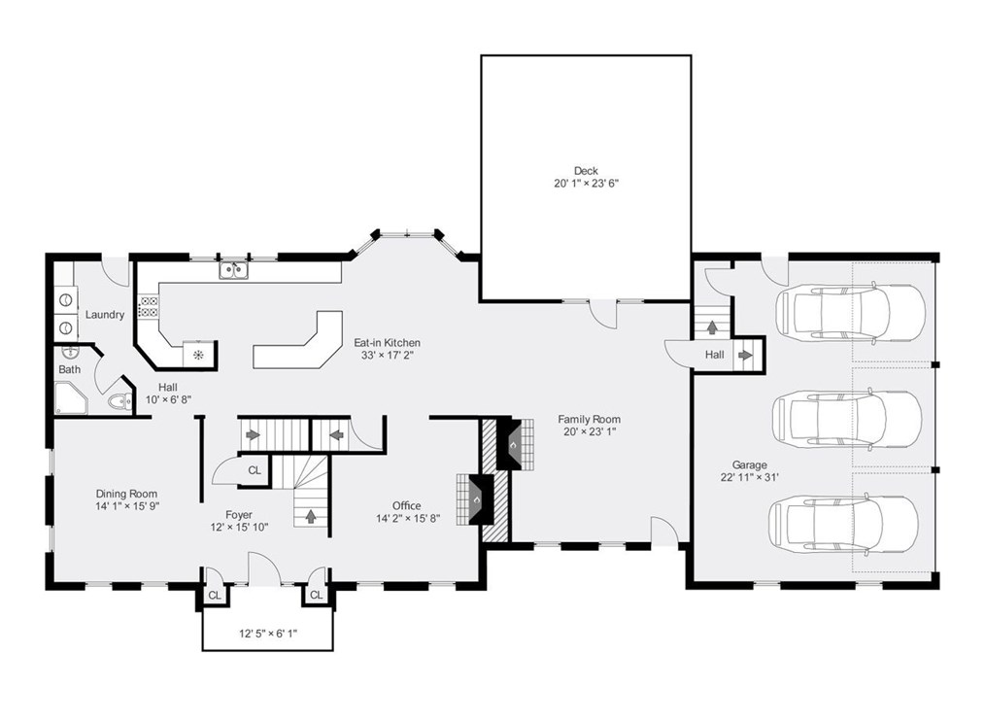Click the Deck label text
click(x=585, y=171)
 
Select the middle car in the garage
click(x=845, y=419)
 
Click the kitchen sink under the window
click(x=232, y=270)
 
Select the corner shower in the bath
click(x=70, y=397)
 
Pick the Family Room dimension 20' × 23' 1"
click(x=589, y=431)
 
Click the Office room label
click(x=406, y=505)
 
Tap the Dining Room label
click(x=126, y=494)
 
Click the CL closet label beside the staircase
click(x=254, y=470)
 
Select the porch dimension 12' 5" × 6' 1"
click(x=268, y=634)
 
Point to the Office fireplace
click(x=477, y=499)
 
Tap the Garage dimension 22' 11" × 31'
click(x=750, y=477)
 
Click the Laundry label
click(x=104, y=315)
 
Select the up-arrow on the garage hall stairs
click(x=712, y=328)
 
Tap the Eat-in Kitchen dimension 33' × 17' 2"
click(x=387, y=355)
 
